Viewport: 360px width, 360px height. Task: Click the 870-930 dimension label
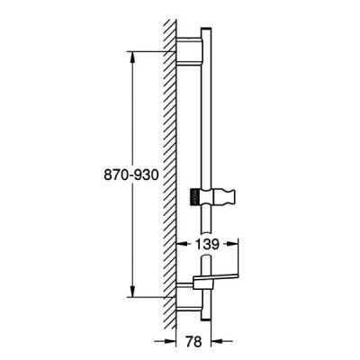point(130,175)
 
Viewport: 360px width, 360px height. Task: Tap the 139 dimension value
point(207,245)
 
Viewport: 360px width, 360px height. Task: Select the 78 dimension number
point(193,341)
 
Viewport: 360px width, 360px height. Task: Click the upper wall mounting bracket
point(189,51)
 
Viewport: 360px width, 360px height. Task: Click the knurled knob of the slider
point(194,197)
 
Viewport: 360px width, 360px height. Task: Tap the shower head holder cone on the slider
point(224,197)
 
